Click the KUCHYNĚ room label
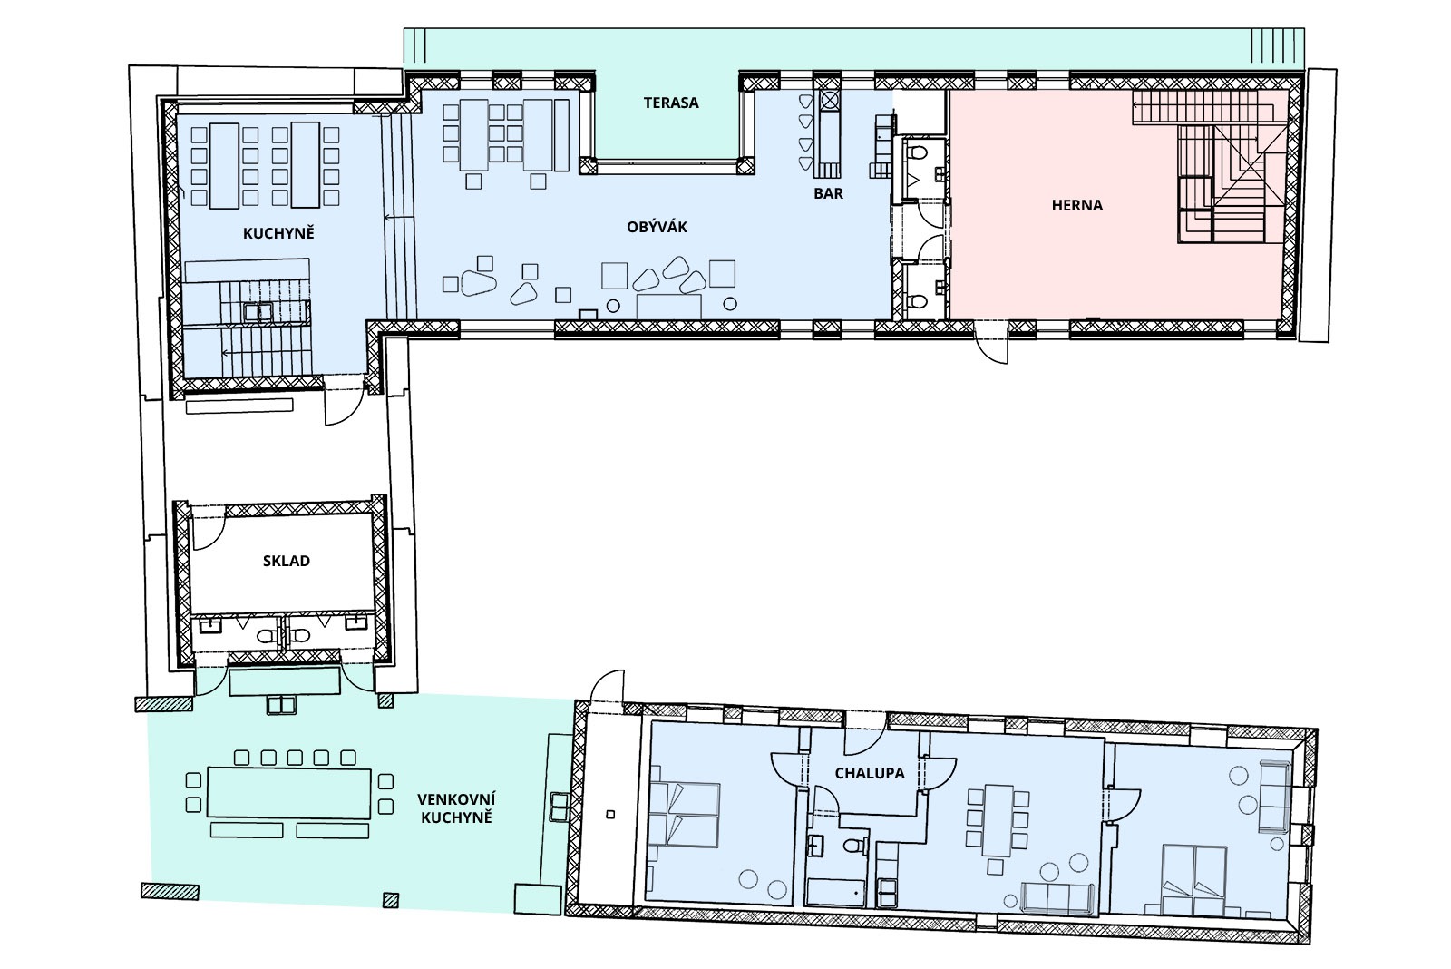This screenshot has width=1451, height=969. click(278, 233)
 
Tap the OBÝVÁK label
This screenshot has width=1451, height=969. click(657, 227)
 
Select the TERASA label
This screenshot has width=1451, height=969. click(671, 103)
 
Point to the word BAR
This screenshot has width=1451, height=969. click(829, 193)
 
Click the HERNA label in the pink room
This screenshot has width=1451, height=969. click(1077, 205)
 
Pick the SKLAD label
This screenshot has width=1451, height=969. click(287, 561)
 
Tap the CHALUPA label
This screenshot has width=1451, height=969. click(870, 773)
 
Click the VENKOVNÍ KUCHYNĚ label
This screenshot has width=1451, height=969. click(456, 808)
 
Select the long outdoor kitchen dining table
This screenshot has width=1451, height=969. click(289, 793)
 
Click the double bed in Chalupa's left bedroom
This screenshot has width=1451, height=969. click(685, 815)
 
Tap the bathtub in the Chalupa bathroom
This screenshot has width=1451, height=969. click(836, 894)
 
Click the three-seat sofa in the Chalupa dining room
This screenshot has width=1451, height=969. click(1057, 897)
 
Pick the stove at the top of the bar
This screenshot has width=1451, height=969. click(829, 101)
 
